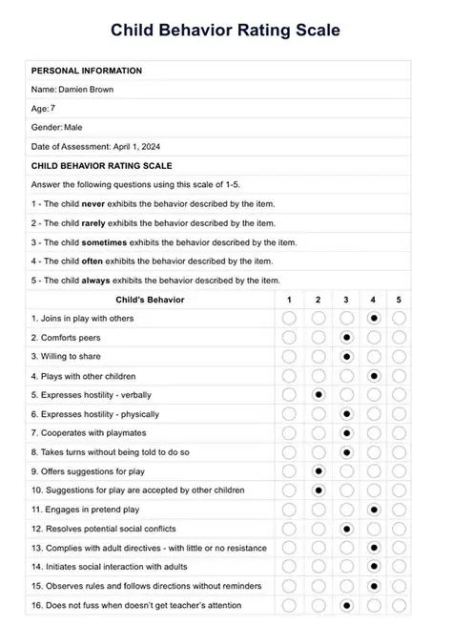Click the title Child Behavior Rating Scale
(225, 31)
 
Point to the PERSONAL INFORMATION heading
(87, 71)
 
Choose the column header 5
(399, 300)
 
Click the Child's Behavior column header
(150, 300)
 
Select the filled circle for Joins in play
(374, 318)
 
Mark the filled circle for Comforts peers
(346, 338)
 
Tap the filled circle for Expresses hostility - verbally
(318, 394)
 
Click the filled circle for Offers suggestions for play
(318, 470)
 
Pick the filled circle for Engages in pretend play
(374, 510)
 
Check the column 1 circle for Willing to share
(289, 356)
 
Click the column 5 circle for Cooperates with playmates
(399, 432)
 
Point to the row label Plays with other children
(83, 376)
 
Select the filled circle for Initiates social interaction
(374, 567)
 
